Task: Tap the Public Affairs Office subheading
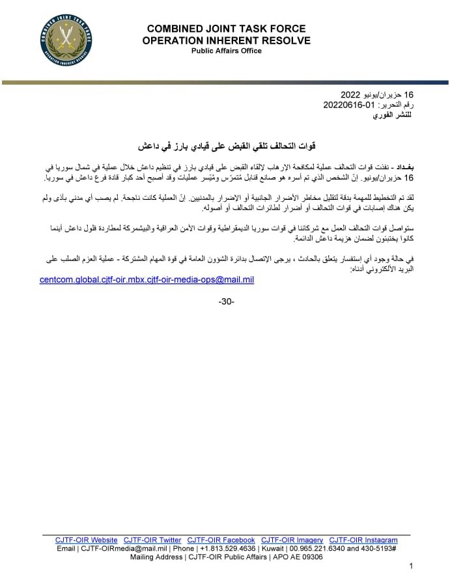click(x=227, y=51)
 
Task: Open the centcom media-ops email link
click(x=147, y=280)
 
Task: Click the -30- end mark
click(x=226, y=301)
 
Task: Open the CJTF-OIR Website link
click(x=87, y=540)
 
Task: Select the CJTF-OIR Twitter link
click(x=152, y=540)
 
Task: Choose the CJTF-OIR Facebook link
click(x=221, y=540)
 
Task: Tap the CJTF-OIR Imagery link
click(x=292, y=540)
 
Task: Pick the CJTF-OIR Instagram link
click(x=363, y=540)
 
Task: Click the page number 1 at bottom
click(x=411, y=566)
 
